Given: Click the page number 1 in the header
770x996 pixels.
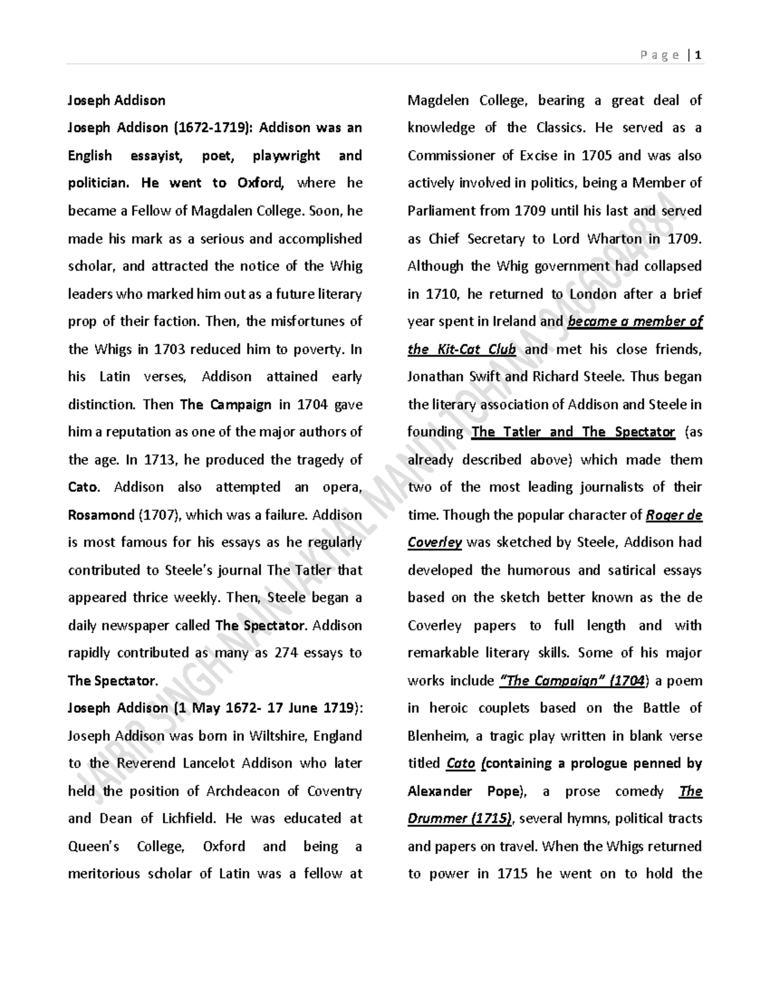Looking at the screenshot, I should coord(697,55).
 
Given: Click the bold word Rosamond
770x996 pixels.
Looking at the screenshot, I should coord(100,515).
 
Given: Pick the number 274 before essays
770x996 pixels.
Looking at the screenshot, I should coord(286,653).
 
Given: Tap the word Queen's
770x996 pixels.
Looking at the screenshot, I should coord(94,847).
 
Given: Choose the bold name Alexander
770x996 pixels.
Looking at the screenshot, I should coord(440,791).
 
